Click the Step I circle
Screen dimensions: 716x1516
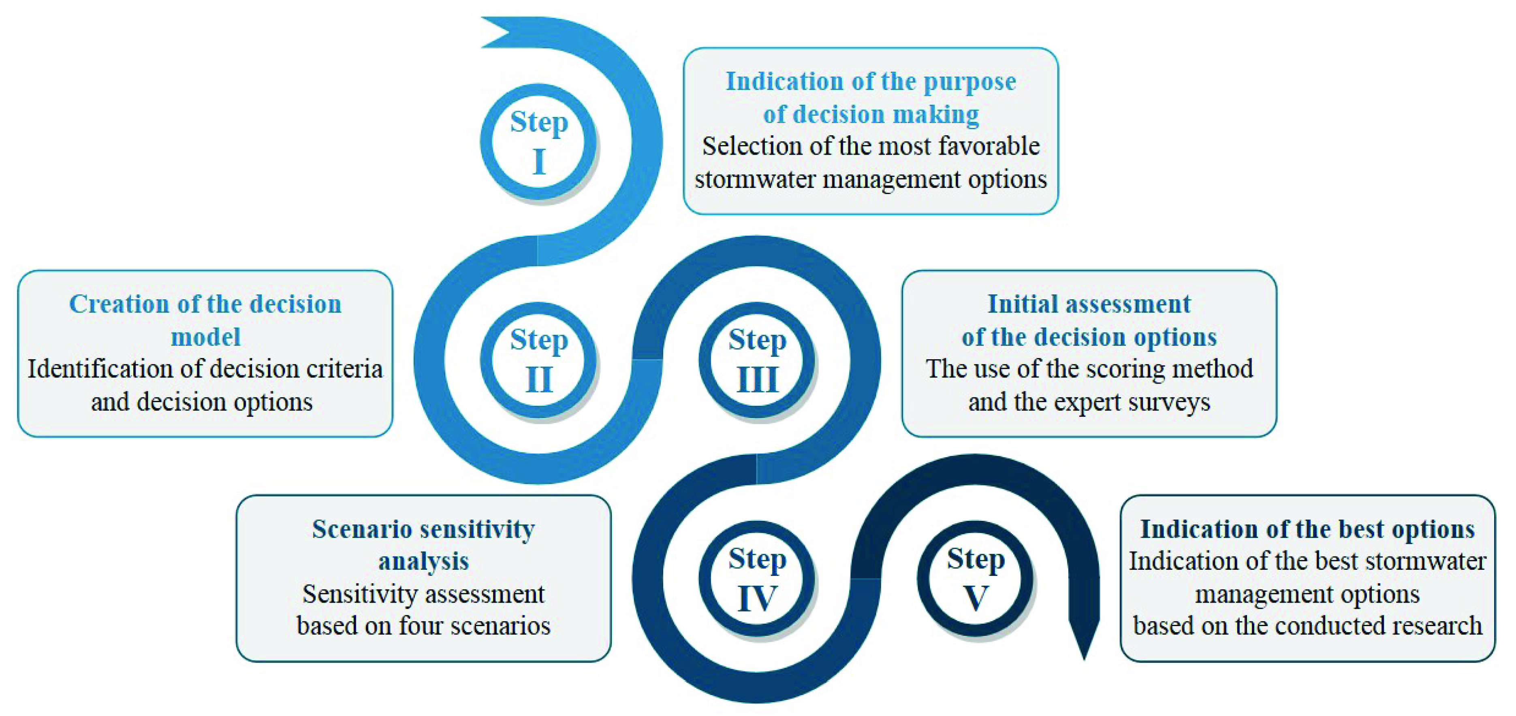tap(538, 142)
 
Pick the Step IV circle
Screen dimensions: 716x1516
tap(757, 578)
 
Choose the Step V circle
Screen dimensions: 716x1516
tap(975, 578)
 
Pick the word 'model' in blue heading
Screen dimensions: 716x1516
tap(205, 337)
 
